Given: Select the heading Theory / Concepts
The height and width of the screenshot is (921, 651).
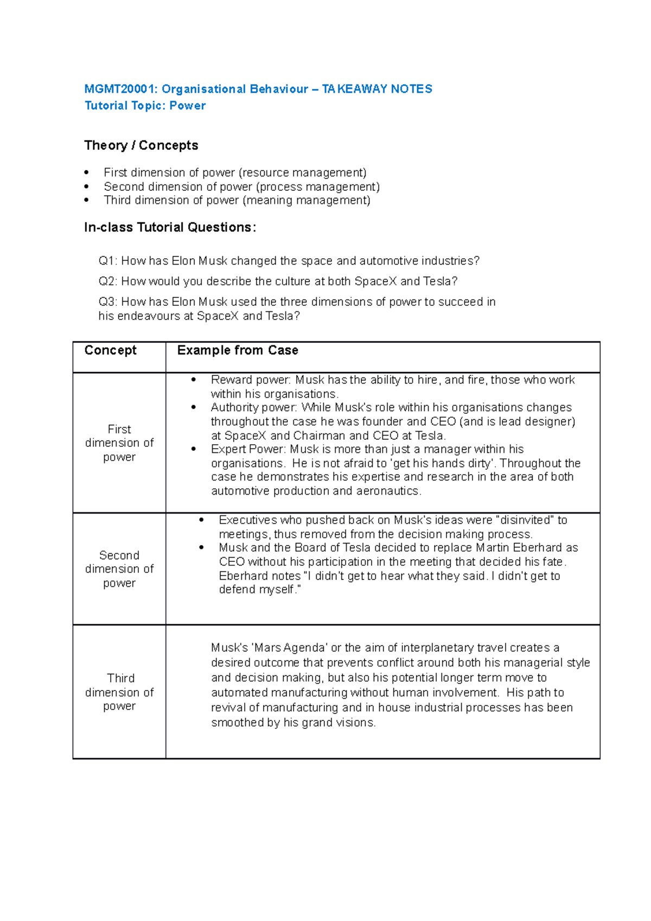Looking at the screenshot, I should coord(141,145).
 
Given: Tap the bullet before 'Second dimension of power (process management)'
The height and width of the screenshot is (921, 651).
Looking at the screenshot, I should coord(86,187).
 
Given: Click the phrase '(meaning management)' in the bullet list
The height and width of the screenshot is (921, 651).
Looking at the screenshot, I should coord(307,200).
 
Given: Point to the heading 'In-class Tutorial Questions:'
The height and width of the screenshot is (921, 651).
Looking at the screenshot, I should coord(170,227).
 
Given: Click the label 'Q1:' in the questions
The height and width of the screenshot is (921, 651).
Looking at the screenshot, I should coord(107,261).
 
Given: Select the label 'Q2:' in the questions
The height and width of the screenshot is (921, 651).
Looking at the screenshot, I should coord(107,282).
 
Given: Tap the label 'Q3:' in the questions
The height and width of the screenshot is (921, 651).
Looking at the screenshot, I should coord(107,302).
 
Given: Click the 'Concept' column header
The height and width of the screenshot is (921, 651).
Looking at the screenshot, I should coord(111,350).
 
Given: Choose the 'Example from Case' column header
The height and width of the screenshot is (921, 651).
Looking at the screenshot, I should coord(238,350).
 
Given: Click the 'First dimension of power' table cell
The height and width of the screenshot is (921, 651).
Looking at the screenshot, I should coord(119,443).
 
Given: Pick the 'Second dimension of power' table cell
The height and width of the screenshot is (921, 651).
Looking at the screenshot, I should coord(119,569).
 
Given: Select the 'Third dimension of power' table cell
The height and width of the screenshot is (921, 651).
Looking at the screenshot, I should coord(119,692).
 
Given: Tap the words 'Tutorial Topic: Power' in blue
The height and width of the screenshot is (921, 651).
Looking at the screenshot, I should coord(145,106).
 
